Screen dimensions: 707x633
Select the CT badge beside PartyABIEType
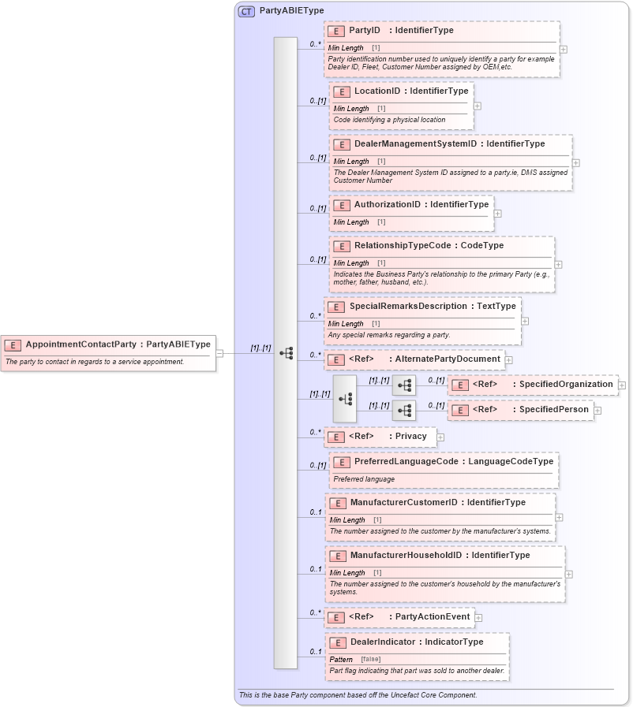246,11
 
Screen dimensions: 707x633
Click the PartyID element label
365,30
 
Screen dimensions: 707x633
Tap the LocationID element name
377,91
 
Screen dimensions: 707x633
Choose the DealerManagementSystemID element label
415,144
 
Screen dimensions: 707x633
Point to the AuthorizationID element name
387,205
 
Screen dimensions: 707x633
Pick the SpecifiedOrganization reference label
563,385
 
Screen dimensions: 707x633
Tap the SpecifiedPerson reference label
553,410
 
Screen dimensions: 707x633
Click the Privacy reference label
410,437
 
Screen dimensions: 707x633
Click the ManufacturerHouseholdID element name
406,556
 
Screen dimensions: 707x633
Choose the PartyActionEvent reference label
433,617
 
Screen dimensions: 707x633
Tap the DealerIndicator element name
382,642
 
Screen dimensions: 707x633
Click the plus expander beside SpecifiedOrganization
622,385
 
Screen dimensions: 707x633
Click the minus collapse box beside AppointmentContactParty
219,353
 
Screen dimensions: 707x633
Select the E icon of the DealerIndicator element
337,642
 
